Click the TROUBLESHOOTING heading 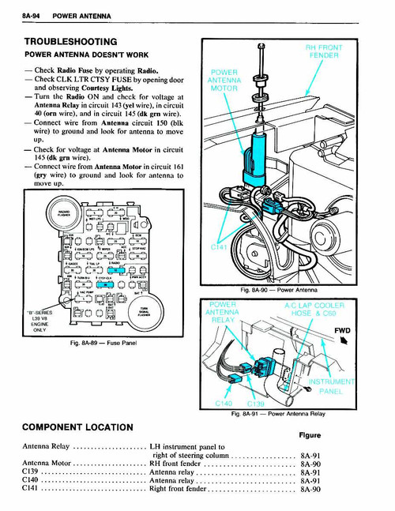pyautogui.click(x=70, y=40)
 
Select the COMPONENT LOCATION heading pyautogui.click(x=77, y=427)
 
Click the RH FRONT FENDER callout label pyautogui.click(x=323, y=51)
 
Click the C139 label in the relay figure pyautogui.click(x=253, y=402)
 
